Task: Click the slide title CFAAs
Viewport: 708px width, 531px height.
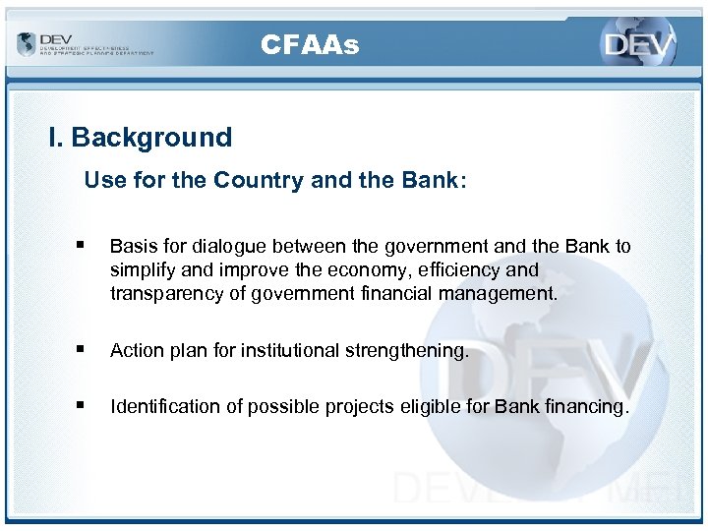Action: point(310,44)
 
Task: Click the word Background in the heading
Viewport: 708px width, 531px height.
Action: point(151,138)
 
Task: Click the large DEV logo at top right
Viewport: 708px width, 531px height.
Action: point(639,45)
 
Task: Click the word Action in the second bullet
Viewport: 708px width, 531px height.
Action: point(136,350)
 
